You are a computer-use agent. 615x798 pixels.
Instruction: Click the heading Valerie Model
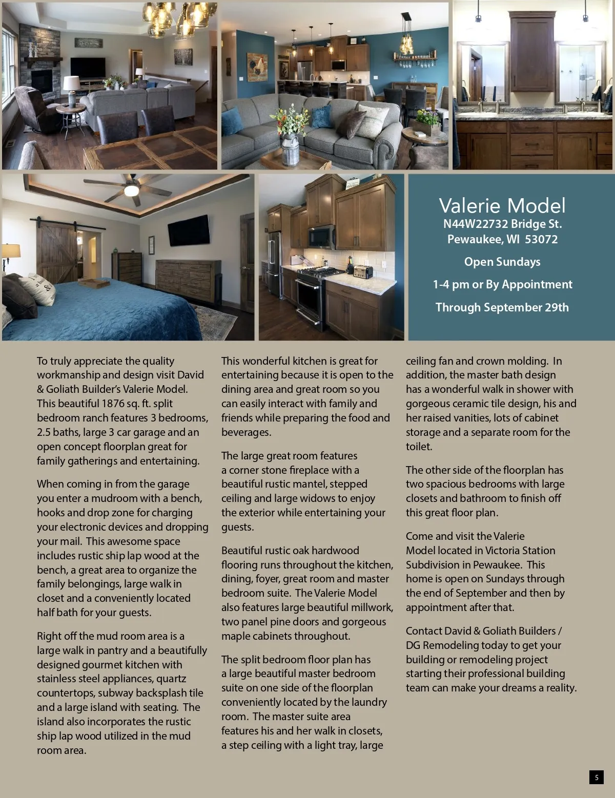coord(502,205)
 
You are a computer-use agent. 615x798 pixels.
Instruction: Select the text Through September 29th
coord(502,307)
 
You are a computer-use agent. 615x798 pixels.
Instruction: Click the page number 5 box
coord(596,777)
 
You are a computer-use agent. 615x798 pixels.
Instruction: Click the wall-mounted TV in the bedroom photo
coord(189,230)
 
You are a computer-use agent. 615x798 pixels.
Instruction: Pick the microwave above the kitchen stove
coord(321,236)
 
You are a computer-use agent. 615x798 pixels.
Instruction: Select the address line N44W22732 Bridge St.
coord(502,224)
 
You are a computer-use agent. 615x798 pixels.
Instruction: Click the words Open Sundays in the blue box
coord(502,262)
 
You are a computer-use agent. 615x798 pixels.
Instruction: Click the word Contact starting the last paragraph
coord(424,631)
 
